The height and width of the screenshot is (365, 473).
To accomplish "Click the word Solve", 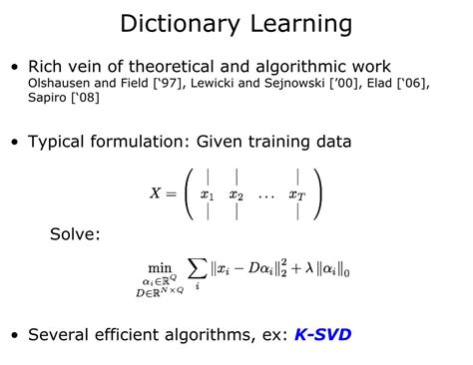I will pos(75,235).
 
